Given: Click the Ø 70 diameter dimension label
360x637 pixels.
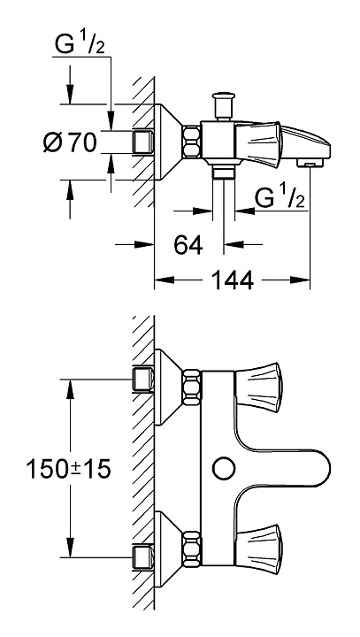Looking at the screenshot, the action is [x=70, y=142].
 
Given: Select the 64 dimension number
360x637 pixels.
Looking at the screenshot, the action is [x=188, y=245].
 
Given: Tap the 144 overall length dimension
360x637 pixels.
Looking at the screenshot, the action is [x=233, y=280].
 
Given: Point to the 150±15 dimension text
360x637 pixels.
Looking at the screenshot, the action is [x=68, y=469].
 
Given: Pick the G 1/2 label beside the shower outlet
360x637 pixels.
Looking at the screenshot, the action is [x=280, y=198].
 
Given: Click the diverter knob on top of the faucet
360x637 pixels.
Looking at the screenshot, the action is [x=224, y=106].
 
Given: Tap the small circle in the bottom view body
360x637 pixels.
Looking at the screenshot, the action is [x=225, y=469].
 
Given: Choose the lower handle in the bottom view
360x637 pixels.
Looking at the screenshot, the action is [x=258, y=547].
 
